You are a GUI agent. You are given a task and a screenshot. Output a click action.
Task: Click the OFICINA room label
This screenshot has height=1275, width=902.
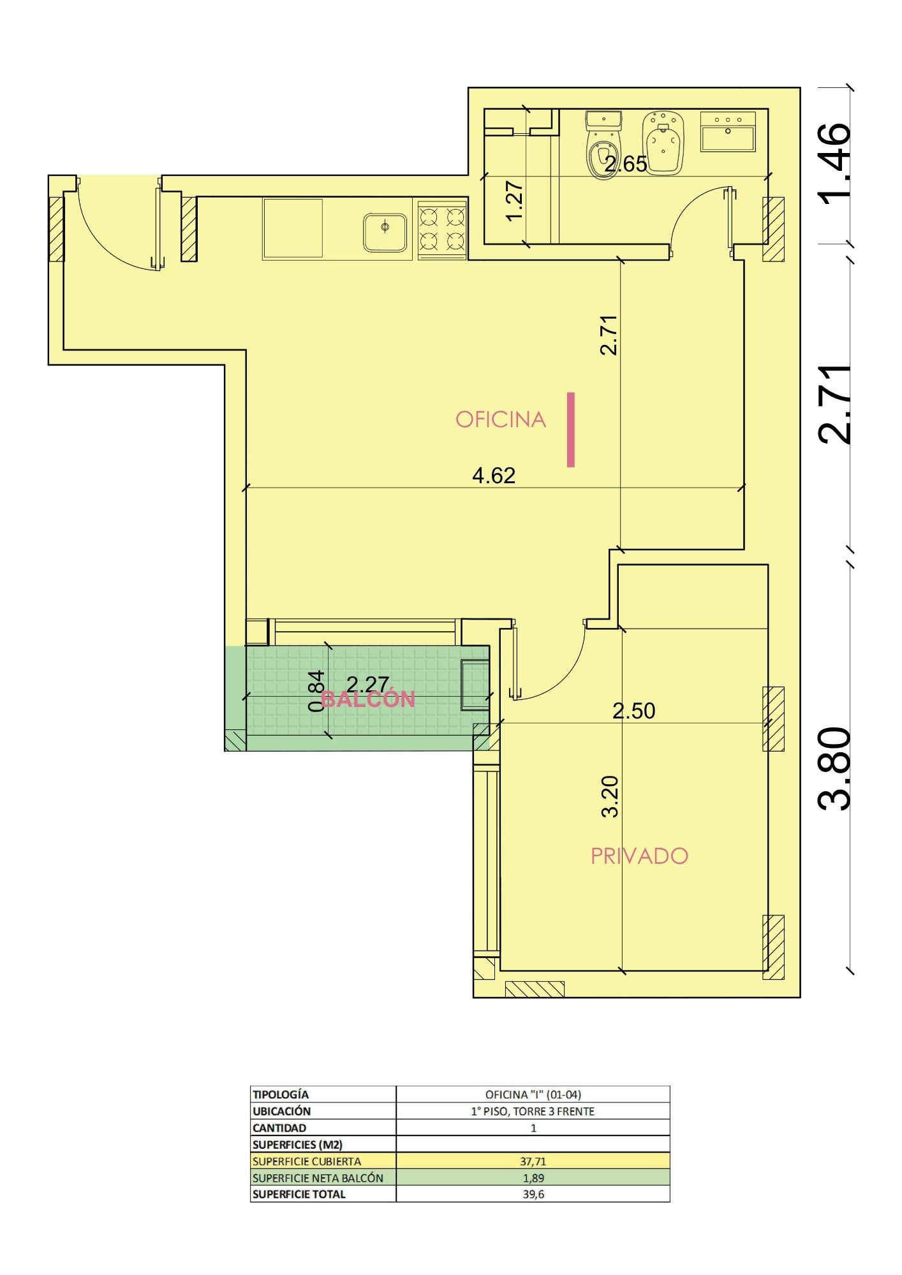tap(501, 419)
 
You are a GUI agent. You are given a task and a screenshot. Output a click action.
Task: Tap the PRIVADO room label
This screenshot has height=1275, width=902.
tap(639, 856)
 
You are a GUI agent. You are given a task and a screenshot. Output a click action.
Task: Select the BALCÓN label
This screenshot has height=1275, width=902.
tap(368, 699)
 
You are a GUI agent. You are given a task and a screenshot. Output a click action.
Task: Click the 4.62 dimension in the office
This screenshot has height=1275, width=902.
tap(494, 476)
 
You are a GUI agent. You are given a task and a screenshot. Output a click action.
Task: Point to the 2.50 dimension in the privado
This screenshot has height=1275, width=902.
tap(634, 711)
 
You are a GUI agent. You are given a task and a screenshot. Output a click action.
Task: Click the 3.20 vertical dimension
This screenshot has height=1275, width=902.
tap(610, 796)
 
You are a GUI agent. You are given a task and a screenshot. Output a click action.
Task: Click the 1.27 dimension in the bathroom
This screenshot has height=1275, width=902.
tap(514, 201)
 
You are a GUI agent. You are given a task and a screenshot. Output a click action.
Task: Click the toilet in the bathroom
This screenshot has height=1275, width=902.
tap(602, 145)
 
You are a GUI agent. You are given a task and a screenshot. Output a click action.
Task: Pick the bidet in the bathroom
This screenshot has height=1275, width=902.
tap(663, 143)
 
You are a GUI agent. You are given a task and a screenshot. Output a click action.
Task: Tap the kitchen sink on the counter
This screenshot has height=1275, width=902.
tap(385, 232)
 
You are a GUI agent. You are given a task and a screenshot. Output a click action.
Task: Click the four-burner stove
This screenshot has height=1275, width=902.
tap(443, 229)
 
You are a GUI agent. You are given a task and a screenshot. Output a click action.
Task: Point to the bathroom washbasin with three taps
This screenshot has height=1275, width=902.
tap(728, 131)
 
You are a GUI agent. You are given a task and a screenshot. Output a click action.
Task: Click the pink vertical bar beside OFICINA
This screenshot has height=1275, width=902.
tap(571, 430)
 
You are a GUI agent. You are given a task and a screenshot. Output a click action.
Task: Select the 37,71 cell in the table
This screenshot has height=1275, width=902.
tap(533, 1162)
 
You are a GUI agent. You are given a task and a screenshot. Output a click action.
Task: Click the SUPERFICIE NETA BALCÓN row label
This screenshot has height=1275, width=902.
tap(318, 1178)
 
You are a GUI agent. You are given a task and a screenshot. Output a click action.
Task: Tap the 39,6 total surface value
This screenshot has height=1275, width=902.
tap(533, 1194)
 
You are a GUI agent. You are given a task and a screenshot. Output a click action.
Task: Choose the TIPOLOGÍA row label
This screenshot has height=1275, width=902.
tap(281, 1095)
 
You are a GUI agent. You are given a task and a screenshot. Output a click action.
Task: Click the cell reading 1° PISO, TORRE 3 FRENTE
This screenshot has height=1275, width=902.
tap(533, 1111)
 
